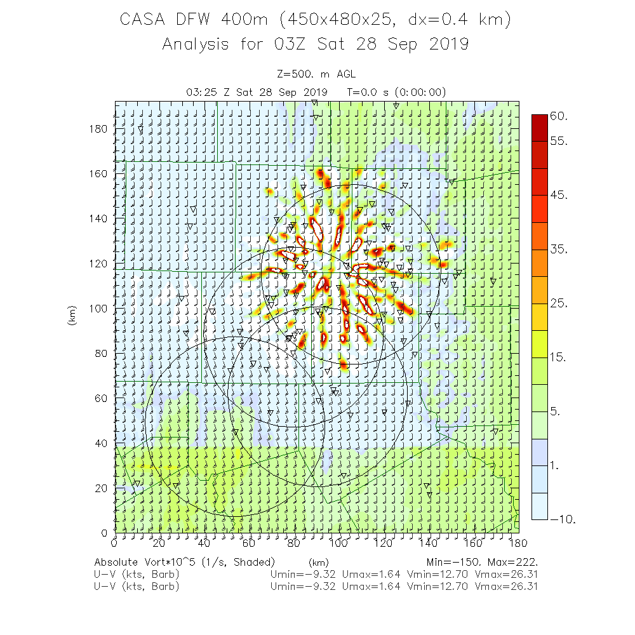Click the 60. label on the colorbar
tap(559, 116)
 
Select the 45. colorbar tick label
tap(559, 194)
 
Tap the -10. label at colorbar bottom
tap(562, 519)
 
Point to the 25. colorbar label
tap(559, 303)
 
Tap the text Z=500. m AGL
tap(316, 74)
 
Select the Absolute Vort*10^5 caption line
tap(184, 562)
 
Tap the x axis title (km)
tap(318, 562)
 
